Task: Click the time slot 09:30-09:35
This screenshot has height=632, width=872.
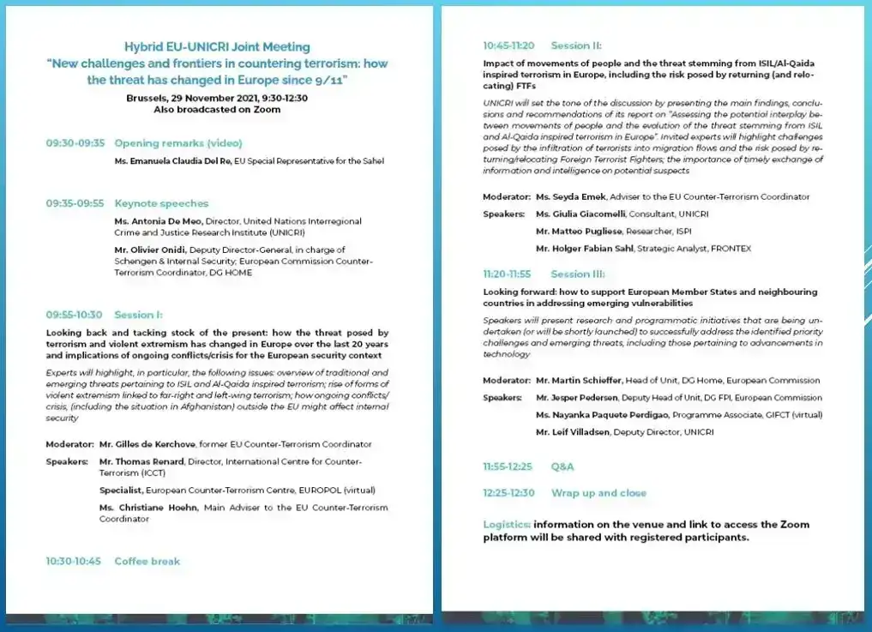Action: click(75, 143)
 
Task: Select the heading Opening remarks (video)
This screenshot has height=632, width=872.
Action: click(178, 143)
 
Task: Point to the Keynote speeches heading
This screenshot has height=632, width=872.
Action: click(161, 203)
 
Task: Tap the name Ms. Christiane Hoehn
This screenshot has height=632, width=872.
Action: click(147, 508)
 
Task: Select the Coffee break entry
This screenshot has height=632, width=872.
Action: click(147, 561)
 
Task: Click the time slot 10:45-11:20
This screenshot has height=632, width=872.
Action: click(508, 45)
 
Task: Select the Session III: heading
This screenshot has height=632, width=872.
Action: click(577, 274)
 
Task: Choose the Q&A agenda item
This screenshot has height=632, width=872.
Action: click(562, 466)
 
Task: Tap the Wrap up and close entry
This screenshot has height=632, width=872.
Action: click(598, 493)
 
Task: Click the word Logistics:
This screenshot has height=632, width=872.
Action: click(507, 524)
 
